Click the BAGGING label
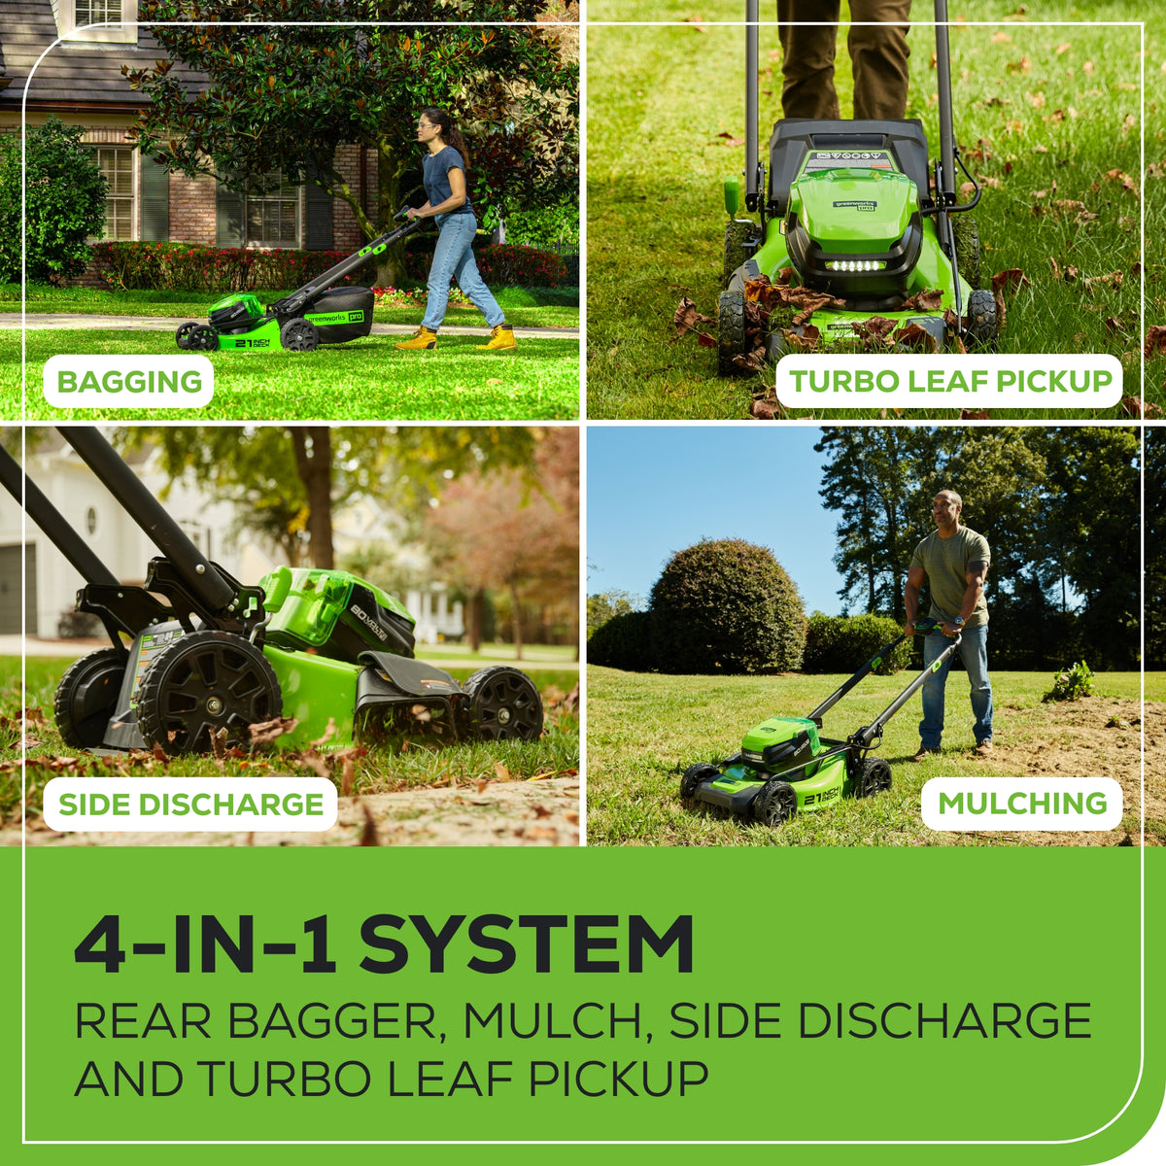(x=129, y=381)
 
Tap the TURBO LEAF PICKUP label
(x=949, y=381)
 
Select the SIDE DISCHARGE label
(x=190, y=805)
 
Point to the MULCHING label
(x=1022, y=804)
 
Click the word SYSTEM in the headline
(x=527, y=944)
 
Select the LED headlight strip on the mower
(x=854, y=265)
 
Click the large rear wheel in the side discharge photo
(x=209, y=692)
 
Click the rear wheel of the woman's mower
(x=298, y=334)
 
